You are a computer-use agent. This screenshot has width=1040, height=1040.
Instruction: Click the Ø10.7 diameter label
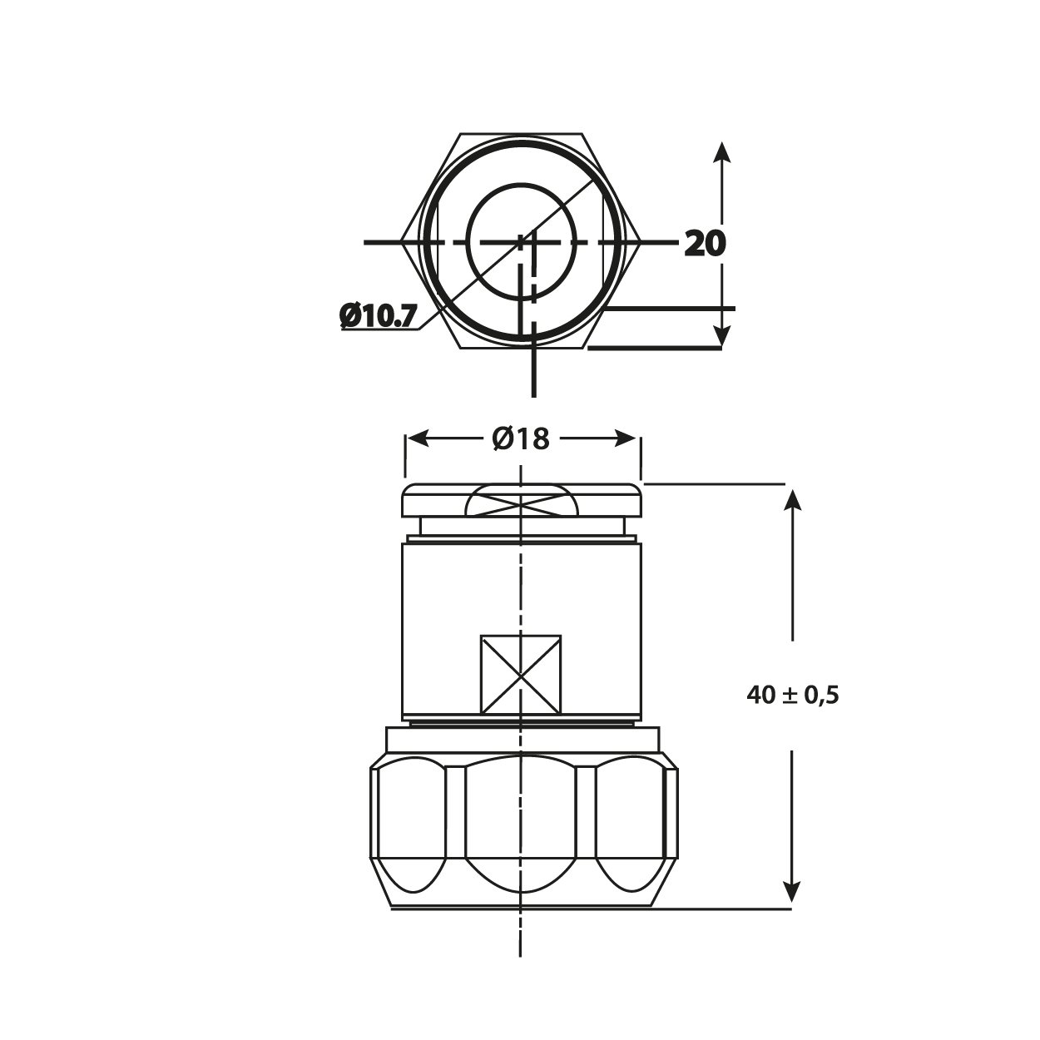[379, 316]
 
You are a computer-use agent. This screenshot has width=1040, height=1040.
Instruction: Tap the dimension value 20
[705, 244]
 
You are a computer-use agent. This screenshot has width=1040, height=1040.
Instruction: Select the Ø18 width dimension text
[521, 438]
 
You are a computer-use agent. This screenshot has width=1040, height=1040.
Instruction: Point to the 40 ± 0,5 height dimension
[793, 696]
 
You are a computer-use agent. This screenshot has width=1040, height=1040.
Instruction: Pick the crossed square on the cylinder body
[521, 675]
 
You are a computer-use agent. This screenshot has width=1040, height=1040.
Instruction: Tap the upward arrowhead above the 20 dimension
[722, 153]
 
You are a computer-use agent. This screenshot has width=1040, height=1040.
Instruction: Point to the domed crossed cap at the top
[521, 503]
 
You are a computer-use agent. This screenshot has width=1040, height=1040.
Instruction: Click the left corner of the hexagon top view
[403, 242]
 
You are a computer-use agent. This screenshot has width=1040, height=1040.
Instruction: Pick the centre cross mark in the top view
[522, 242]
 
